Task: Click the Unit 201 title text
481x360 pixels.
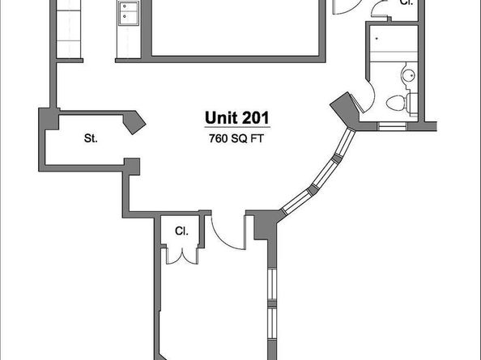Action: [x=236, y=118]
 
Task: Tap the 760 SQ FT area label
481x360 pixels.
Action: [x=236, y=137]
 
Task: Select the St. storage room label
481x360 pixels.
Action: [x=91, y=138]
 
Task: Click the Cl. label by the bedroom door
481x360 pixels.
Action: [x=181, y=231]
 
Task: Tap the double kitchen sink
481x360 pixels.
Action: [x=130, y=12]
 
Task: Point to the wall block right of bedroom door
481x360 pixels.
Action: [x=262, y=224]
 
